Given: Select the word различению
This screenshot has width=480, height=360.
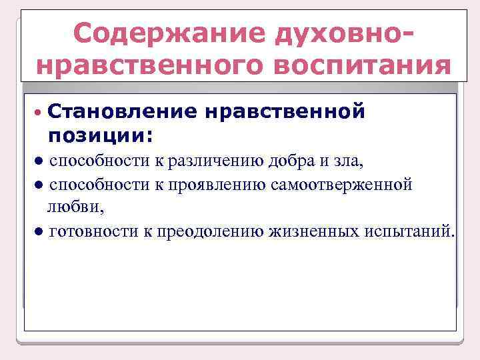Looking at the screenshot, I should point(209,161).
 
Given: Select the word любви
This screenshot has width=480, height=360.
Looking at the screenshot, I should point(74,207).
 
